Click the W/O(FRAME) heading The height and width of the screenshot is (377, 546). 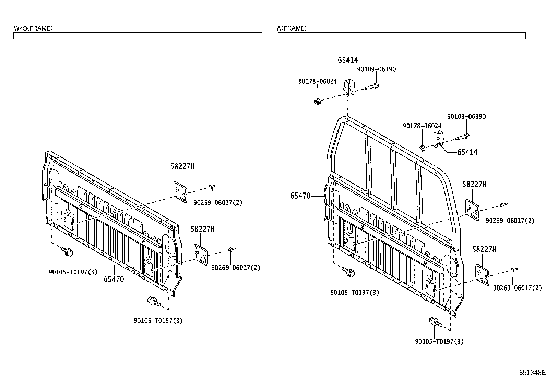pos(33,28)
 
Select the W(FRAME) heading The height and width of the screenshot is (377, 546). pos(292,28)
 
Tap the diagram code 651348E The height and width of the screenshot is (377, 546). pos(532,373)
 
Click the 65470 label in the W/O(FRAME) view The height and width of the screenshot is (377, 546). pos(114,279)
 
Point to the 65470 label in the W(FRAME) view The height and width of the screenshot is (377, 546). pos(300,196)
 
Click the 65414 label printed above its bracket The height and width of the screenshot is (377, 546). pos(348,60)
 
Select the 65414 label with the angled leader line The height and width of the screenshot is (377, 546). pos(467,152)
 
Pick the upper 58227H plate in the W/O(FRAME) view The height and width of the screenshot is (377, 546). pos(180,192)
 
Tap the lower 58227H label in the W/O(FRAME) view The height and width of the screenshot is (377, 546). pos(203,229)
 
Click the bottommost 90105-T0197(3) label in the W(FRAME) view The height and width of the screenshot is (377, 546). pos(439,341)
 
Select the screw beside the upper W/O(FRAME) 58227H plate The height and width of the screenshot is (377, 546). pos(212,187)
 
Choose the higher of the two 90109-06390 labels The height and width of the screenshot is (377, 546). pos(376,69)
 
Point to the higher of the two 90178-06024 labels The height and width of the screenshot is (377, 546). pos(317,81)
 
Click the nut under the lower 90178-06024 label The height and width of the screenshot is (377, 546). pos(422,148)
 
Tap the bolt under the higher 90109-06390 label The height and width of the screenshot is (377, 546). pos(372,86)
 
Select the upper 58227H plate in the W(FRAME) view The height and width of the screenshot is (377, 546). pos(472,210)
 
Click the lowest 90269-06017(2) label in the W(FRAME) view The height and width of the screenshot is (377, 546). pos(517,288)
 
